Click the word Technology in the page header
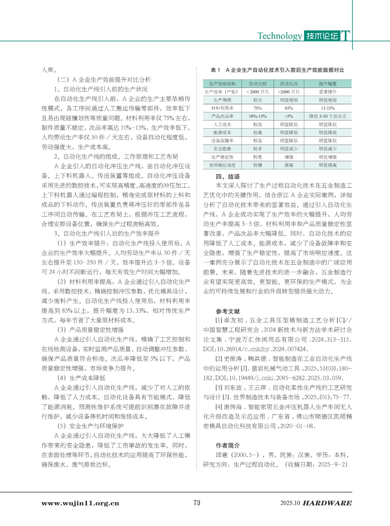point(279,36)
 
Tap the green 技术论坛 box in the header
point(322,36)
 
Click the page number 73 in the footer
point(196,502)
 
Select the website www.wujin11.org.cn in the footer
point(80,503)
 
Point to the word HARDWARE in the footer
point(327,503)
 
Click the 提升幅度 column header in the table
point(328,84)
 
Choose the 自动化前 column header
point(258,84)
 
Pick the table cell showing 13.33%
point(328,108)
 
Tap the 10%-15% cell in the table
point(258,116)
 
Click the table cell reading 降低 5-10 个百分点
point(328,116)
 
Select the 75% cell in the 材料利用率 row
point(258,108)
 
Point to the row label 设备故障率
point(222,141)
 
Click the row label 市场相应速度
point(222,165)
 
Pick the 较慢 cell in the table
point(258,165)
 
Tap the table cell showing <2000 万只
point(258,92)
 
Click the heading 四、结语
point(227,177)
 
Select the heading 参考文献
point(228,311)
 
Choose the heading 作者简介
point(228,445)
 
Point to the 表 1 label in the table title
point(215,70)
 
